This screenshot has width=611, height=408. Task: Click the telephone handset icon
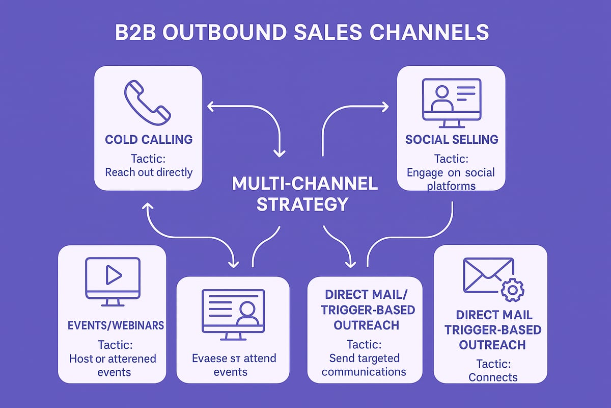148,100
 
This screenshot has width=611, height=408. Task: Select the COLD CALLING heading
149,139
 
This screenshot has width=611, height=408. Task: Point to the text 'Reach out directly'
149,172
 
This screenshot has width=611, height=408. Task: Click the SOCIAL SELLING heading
451,139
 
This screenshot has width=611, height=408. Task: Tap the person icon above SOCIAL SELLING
442,98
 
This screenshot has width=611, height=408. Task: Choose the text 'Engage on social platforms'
451,178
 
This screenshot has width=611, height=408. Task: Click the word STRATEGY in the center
302,204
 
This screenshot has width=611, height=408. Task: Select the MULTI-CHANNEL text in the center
304,184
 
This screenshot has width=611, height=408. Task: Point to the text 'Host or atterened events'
113,365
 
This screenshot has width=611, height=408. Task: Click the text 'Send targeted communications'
364,365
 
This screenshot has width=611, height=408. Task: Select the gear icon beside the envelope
512,289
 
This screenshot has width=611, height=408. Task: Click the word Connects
493,377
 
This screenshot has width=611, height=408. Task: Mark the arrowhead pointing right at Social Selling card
385,107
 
